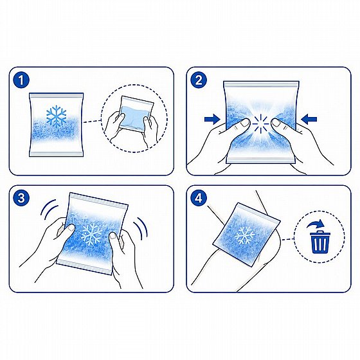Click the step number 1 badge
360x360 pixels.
[21, 80]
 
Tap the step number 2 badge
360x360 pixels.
[199, 80]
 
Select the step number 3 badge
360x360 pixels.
[21, 198]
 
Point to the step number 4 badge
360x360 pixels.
[199, 198]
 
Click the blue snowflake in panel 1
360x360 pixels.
[57, 116]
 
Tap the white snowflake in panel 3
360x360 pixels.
[92, 233]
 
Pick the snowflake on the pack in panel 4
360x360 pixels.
[245, 235]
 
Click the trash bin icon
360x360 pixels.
[320, 243]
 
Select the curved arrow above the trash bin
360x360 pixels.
[316, 224]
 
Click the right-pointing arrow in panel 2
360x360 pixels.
[212, 119]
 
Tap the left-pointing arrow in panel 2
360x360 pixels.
[309, 119]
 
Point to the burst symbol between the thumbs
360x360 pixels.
[260, 123]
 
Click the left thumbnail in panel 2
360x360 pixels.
[244, 123]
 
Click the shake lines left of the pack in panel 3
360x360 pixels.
[49, 210]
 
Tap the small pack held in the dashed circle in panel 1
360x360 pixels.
[136, 114]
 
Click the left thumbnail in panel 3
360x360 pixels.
[70, 228]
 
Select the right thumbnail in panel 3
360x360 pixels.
[114, 237]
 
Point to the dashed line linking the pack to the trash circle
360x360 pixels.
[288, 240]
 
